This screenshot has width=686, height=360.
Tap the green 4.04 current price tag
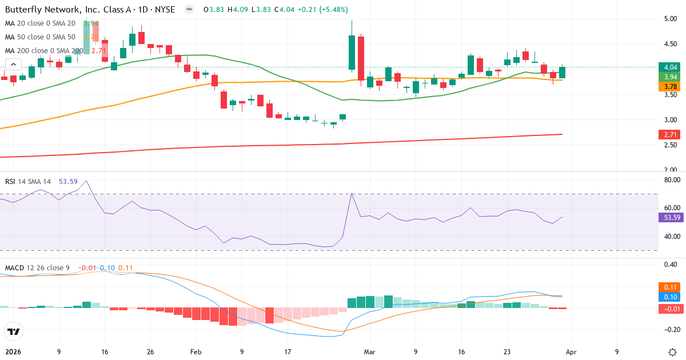(x=669, y=67)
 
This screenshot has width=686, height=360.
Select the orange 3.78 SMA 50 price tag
(x=669, y=87)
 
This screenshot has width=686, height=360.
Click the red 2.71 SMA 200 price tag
(x=669, y=135)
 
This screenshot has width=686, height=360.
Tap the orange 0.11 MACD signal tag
(x=669, y=287)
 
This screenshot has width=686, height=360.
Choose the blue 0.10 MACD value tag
(x=669, y=297)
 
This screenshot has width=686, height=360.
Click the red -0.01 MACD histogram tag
(x=669, y=309)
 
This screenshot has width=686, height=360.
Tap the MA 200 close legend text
(x=43, y=51)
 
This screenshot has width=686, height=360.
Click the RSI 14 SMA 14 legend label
(x=28, y=182)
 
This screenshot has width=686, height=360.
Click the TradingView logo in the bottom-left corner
(x=14, y=331)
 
